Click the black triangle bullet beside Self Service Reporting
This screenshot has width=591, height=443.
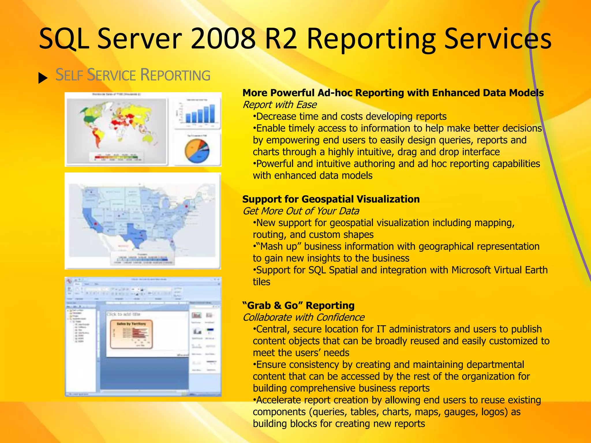coord(43,78)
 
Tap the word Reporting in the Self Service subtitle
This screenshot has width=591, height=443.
coord(175,75)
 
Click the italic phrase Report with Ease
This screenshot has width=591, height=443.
coord(279,105)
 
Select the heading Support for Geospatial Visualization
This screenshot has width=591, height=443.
coord(331,199)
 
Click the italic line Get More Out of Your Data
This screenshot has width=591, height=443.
coord(301,211)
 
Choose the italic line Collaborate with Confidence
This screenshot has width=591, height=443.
coord(303,317)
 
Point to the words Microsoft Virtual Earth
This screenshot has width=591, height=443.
coord(500,270)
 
